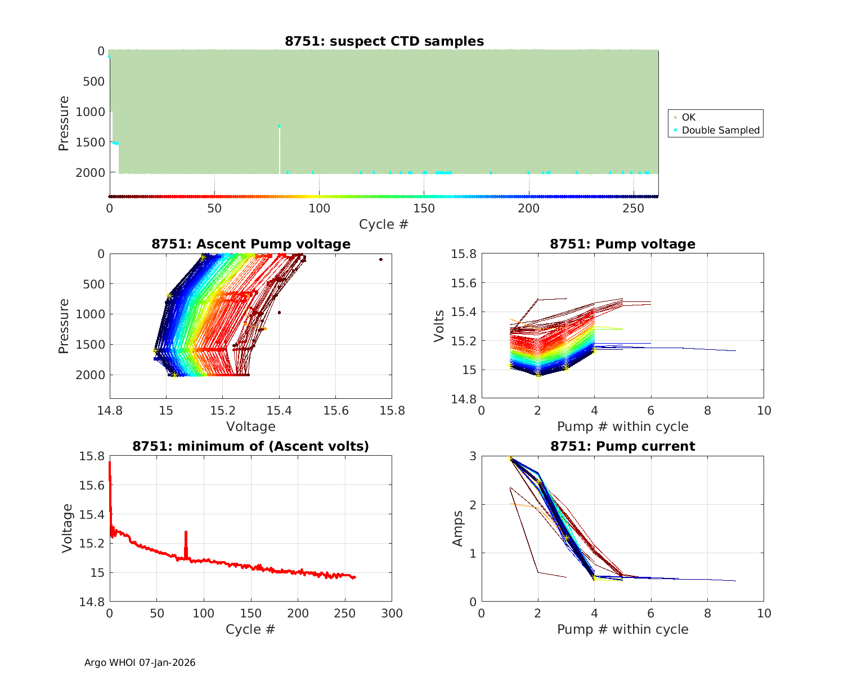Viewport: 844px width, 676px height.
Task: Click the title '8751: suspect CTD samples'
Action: coord(384,41)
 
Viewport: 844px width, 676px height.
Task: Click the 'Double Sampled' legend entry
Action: coord(720,130)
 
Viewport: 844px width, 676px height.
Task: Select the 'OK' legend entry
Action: coord(688,117)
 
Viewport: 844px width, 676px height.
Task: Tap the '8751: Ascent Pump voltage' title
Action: coord(250,244)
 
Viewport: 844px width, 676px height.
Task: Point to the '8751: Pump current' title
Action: coord(622,446)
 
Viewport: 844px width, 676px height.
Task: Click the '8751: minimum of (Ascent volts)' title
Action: coord(250,446)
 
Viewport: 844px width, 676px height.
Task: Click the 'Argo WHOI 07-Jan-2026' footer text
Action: coord(140,662)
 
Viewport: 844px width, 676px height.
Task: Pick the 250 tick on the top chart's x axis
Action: coord(634,208)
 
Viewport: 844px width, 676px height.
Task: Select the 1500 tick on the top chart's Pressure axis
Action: coord(90,142)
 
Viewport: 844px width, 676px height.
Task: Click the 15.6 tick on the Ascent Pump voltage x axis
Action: coord(335,410)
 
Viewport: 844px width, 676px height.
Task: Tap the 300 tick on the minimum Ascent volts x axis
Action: coord(392,613)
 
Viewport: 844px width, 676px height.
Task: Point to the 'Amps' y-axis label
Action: coord(458,528)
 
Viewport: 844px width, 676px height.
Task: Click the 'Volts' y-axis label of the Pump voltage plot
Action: coord(439,326)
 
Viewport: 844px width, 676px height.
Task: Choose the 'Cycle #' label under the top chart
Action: coord(384,224)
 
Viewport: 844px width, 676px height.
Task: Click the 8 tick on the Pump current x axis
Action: coord(707,613)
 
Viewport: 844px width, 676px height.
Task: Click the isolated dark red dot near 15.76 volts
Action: coord(381,259)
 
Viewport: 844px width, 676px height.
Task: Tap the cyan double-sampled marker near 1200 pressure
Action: coord(279,126)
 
